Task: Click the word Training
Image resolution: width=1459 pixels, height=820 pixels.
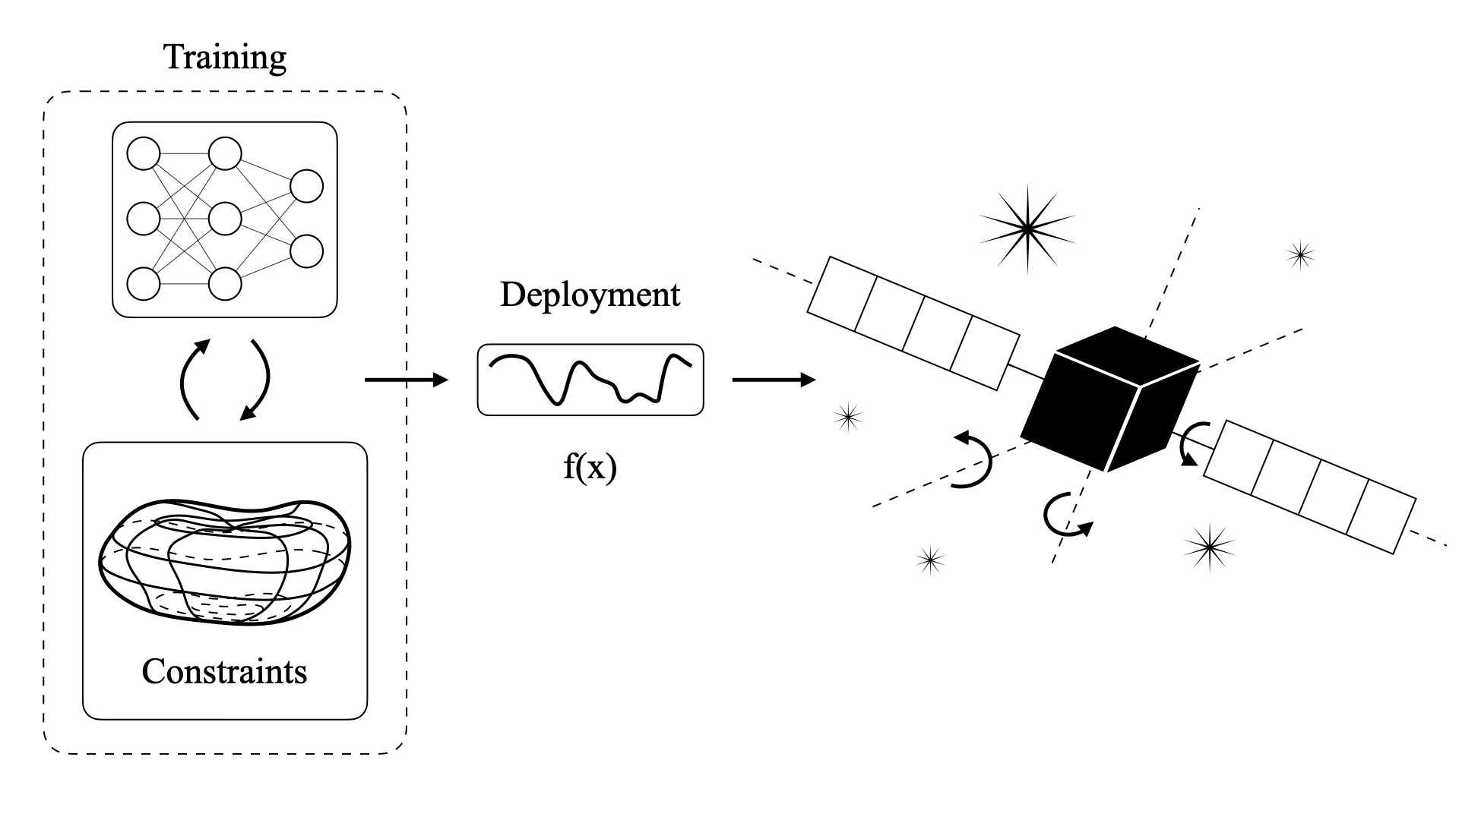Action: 226,58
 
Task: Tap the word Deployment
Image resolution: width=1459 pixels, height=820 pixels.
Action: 590,295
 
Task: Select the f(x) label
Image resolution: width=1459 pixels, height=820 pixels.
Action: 590,467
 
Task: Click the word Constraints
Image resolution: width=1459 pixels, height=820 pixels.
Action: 224,671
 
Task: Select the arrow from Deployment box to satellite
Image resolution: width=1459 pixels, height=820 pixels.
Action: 774,380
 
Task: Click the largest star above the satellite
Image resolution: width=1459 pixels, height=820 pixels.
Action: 1027,227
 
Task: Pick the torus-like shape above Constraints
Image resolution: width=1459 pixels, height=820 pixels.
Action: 225,562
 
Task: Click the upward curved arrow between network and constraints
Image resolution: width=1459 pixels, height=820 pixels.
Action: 191,380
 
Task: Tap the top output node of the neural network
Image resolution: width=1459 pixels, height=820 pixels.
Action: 307,186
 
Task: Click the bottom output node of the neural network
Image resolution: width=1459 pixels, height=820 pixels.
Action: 307,251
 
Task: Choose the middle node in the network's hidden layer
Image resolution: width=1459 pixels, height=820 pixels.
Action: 225,219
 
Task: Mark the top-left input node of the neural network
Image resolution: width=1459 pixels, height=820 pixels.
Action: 143,154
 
